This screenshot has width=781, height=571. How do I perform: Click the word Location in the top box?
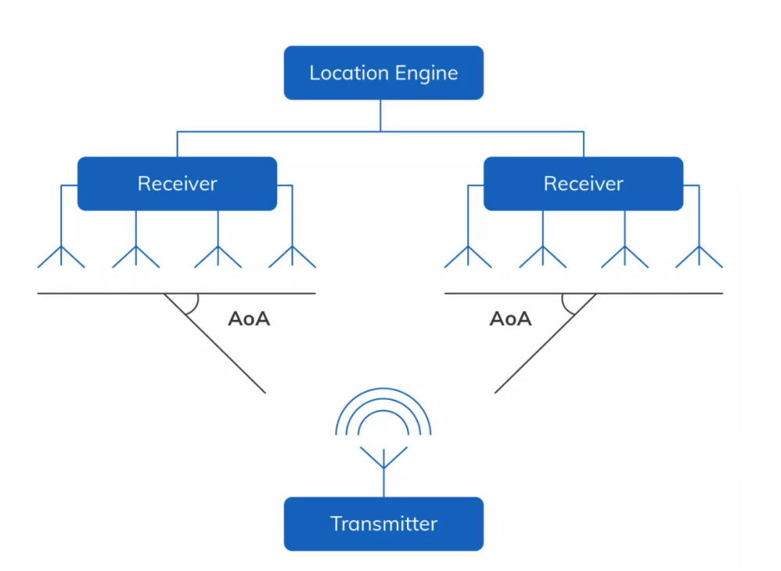point(344,74)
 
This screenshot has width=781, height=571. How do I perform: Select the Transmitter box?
point(383,523)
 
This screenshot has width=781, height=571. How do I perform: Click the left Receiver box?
point(177,184)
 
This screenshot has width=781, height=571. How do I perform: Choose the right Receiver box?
point(583,184)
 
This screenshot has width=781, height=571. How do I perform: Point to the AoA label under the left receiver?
point(249,319)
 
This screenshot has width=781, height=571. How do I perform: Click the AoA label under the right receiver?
point(510,319)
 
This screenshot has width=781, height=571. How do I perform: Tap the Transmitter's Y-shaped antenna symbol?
point(383,458)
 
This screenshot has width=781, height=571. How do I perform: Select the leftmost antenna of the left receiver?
point(61,254)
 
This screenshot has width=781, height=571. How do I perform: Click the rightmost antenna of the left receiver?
point(292,254)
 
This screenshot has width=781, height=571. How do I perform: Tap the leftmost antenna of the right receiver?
point(468,254)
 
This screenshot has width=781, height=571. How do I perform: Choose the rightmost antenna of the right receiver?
point(699,254)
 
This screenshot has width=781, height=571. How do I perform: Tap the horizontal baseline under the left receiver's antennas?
point(102,293)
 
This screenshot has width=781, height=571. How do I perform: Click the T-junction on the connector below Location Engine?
point(380,131)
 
